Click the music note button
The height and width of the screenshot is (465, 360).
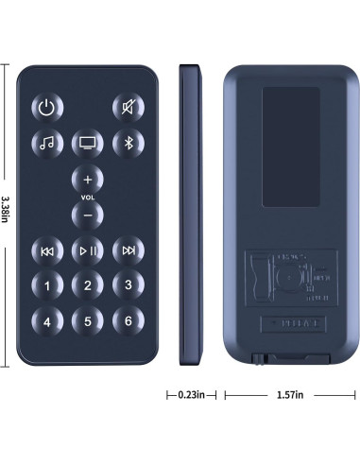click(47, 144)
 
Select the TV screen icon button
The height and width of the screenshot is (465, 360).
click(87, 144)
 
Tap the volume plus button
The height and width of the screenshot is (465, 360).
click(87, 180)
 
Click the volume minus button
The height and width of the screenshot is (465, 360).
click(87, 215)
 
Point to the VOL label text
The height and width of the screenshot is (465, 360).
click(87, 198)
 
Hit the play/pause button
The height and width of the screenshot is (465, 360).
click(87, 250)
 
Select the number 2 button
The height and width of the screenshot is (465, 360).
click(87, 284)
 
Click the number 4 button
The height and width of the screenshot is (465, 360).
click(47, 320)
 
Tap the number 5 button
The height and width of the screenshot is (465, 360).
click(87, 320)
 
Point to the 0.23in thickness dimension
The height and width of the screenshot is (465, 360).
click(193, 394)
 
